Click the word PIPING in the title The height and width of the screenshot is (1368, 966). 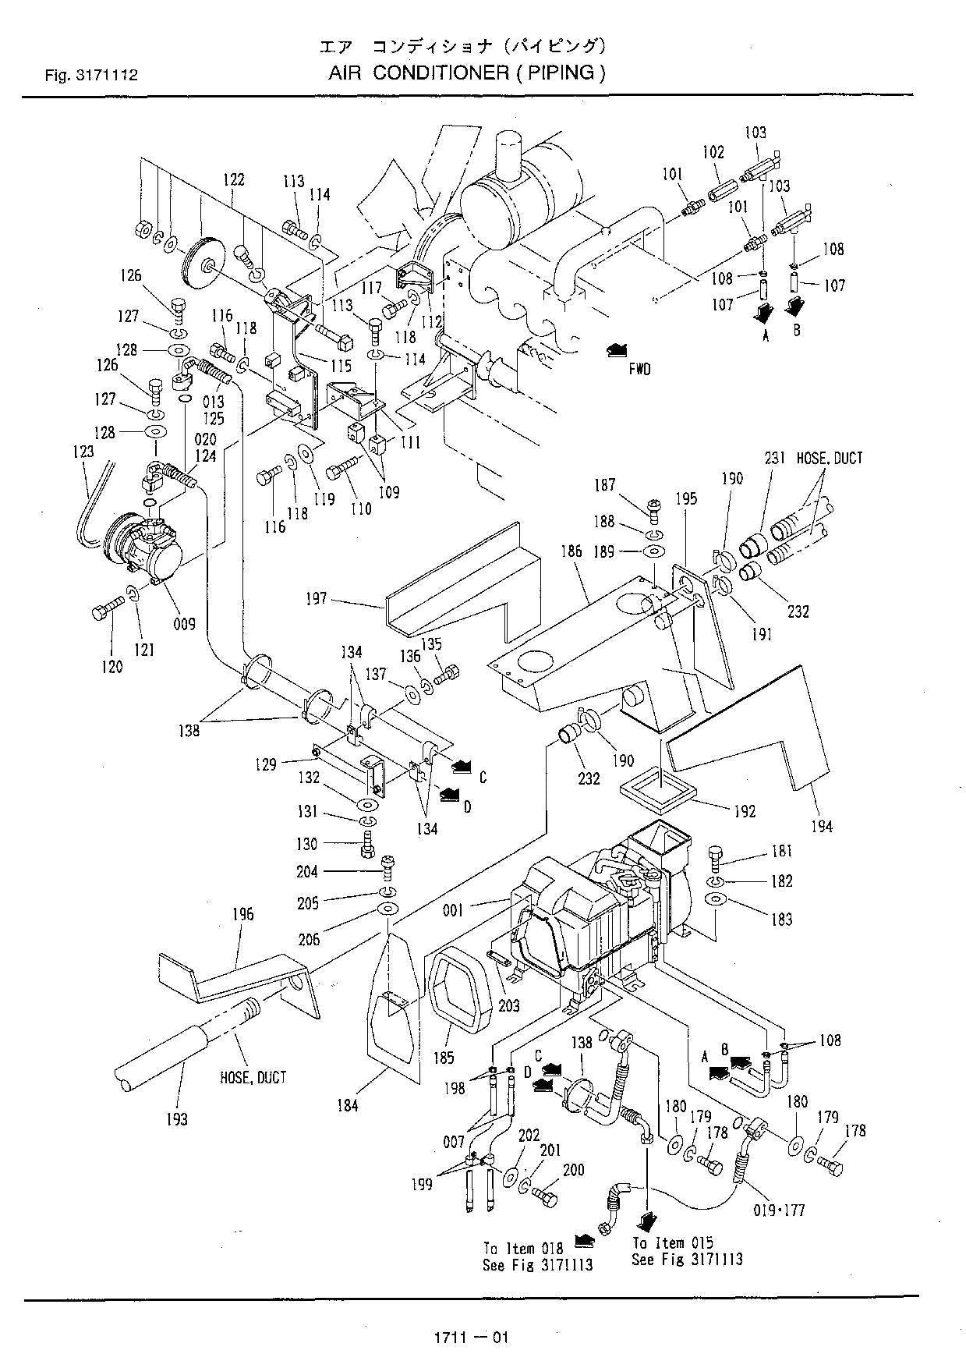560,73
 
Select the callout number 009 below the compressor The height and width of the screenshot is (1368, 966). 185,624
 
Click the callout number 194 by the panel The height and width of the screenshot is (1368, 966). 821,825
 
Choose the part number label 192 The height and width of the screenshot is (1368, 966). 745,811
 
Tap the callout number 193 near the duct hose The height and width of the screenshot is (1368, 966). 177,1119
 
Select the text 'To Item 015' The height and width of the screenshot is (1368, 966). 673,1242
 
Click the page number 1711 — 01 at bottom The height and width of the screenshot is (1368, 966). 471,1338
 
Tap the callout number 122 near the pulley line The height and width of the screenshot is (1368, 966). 234,179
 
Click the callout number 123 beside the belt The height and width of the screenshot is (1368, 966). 83,451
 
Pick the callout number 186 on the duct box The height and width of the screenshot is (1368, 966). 571,551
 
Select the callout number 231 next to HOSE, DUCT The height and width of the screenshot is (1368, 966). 776,459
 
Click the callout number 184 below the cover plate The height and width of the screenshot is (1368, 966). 348,1105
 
